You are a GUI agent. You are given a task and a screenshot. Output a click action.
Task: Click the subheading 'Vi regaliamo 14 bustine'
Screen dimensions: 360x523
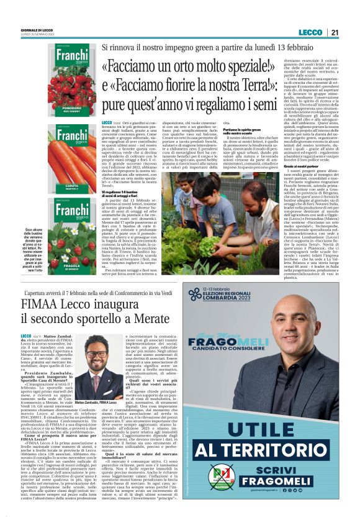[127, 194]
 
